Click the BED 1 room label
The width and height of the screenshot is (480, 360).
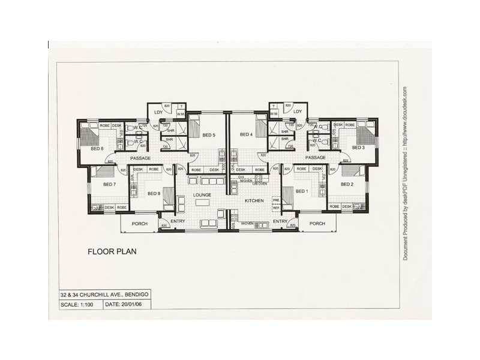[x=301, y=191]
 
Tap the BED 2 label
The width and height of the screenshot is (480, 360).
[x=347, y=184]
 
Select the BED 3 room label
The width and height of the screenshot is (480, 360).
[x=358, y=148]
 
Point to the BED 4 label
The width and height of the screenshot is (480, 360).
[x=246, y=134]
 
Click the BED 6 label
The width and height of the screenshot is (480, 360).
[x=98, y=148]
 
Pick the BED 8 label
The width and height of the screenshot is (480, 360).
[x=154, y=193]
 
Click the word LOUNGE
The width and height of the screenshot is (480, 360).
[x=202, y=195]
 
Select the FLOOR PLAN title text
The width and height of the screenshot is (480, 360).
[x=112, y=251]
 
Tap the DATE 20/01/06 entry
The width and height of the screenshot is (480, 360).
[x=128, y=305]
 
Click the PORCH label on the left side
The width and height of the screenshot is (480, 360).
[x=140, y=224]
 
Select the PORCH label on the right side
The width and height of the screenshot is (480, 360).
[x=317, y=224]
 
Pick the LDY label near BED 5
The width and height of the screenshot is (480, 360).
[x=158, y=112]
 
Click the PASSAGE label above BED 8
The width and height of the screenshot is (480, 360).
[x=140, y=158]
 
